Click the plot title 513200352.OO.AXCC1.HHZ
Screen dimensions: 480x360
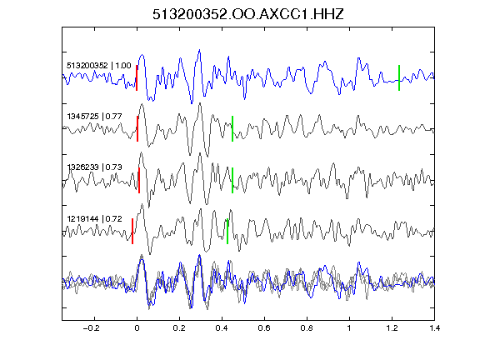pyautogui.click(x=248, y=14)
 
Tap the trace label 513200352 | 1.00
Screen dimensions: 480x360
pyautogui.click(x=99, y=66)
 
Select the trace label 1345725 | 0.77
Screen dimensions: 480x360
pyautogui.click(x=95, y=117)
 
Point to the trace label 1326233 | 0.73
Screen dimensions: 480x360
pyautogui.click(x=95, y=167)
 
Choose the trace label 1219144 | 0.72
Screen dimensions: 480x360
pyautogui.click(x=95, y=219)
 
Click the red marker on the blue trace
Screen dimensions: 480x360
pyautogui.click(x=137, y=77)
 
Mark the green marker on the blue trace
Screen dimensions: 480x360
pyautogui.click(x=399, y=77)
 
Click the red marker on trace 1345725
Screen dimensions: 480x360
pyautogui.click(x=137, y=128)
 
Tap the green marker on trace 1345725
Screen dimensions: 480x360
pyautogui.click(x=232, y=128)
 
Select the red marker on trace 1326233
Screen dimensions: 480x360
pyautogui.click(x=139, y=180)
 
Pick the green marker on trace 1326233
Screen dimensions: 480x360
pyautogui.click(x=232, y=180)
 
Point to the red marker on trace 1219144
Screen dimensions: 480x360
pyautogui.click(x=132, y=231)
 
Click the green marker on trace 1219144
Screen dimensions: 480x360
pyautogui.click(x=227, y=231)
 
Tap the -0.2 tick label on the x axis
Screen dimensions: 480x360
pyautogui.click(x=92, y=328)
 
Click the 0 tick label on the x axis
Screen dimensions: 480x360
pyautogui.click(x=137, y=328)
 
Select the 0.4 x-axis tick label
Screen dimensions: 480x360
pyautogui.click(x=222, y=328)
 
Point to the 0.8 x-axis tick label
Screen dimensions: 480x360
pyautogui.click(x=307, y=328)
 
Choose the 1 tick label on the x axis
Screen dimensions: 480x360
pyautogui.click(x=349, y=328)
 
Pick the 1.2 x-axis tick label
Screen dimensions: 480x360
pyautogui.click(x=392, y=328)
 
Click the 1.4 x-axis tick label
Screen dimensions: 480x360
pyautogui.click(x=434, y=328)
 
